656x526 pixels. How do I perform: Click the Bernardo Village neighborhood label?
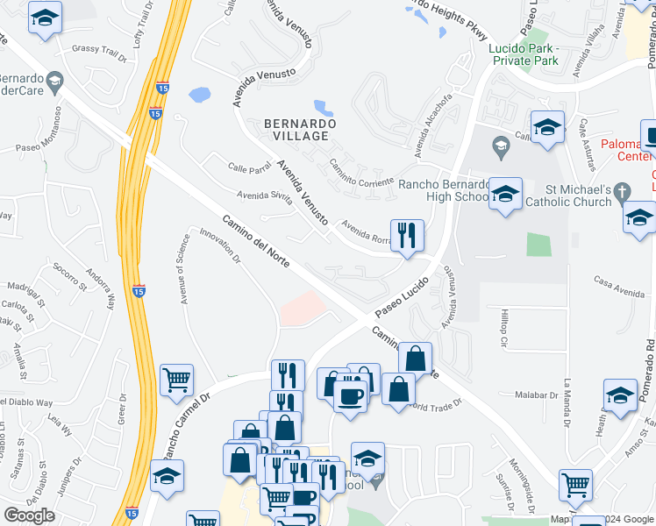[x=300, y=131]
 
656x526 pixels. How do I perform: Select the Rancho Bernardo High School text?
[x=442, y=190]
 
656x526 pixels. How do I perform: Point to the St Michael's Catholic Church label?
[x=566, y=195]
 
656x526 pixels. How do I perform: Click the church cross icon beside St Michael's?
[x=622, y=190]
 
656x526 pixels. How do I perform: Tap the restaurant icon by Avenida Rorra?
[x=407, y=235]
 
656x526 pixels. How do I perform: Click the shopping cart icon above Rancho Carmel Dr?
[x=177, y=380]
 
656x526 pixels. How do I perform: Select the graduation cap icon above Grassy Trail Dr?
[x=45, y=17]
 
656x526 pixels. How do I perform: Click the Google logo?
[x=29, y=515]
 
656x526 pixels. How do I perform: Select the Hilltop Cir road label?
[x=503, y=325]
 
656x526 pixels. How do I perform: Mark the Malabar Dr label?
[x=537, y=395]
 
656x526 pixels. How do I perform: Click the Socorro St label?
[x=70, y=275]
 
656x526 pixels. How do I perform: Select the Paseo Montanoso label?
[x=45, y=146]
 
